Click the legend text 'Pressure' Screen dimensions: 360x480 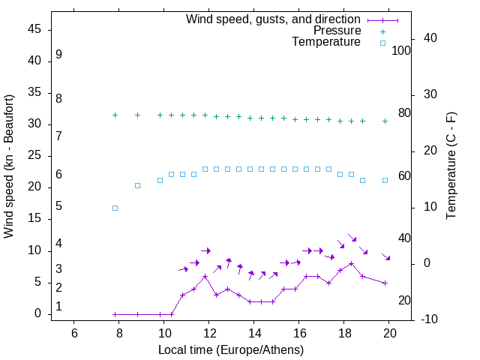[x=337, y=31]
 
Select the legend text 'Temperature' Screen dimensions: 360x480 [x=326, y=43]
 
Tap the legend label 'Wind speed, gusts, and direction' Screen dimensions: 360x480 [x=274, y=19]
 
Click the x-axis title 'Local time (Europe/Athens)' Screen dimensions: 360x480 [x=231, y=350]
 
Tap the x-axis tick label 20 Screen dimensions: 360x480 [x=389, y=333]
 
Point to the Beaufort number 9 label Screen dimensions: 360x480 [x=58, y=55]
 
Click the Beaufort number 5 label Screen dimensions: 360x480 [x=58, y=206]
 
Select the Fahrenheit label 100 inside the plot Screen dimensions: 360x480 [x=401, y=51]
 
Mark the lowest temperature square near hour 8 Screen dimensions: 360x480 [x=115, y=208]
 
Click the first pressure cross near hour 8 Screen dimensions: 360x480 [x=115, y=115]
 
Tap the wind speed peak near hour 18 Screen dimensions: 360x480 [x=351, y=263]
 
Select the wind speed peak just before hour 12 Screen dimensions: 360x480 [x=205, y=276]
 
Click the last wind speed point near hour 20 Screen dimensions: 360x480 [x=385, y=283]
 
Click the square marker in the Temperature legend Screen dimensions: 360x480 [x=382, y=43]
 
